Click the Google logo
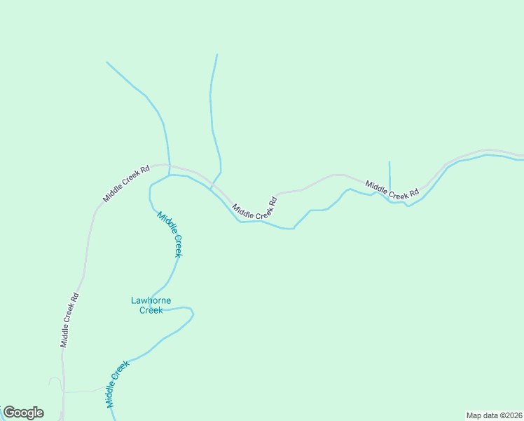click(23, 413)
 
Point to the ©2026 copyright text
click(511, 415)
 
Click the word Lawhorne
click(151, 301)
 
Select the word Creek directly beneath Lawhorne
click(151, 310)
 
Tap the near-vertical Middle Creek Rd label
click(69, 320)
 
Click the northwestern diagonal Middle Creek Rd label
click(127, 184)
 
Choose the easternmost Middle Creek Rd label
click(392, 189)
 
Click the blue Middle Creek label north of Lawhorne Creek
click(170, 234)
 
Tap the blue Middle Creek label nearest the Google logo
click(118, 384)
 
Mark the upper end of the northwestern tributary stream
click(106, 62)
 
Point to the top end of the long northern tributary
click(217, 54)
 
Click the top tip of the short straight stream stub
click(389, 161)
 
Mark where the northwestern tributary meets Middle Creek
click(169, 175)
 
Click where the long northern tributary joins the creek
click(211, 188)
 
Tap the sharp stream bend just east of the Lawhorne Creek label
click(193, 313)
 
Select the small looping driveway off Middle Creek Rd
click(54, 382)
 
